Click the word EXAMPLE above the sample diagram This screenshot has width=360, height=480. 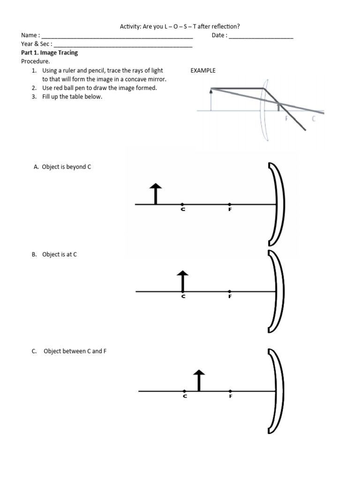tap(202, 70)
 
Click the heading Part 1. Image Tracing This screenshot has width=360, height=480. tap(50, 53)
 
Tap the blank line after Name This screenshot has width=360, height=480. tap(117, 36)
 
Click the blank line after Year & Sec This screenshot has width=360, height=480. tap(123, 45)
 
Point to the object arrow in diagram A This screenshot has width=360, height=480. tap(156, 194)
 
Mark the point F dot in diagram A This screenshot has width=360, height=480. tap(230, 204)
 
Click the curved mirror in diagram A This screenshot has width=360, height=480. tap(277, 204)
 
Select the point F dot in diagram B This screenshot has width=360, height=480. tap(230, 292)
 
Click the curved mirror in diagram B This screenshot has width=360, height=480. tap(277, 291)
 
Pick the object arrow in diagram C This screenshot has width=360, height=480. tap(199, 380)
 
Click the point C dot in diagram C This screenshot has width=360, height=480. tap(185, 391)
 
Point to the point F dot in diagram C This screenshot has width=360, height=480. tap(230, 391)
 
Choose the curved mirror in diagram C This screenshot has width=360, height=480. tap(277, 390)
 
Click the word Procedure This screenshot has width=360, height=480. tap(35, 61)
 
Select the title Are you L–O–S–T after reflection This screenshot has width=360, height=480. tap(180, 27)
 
